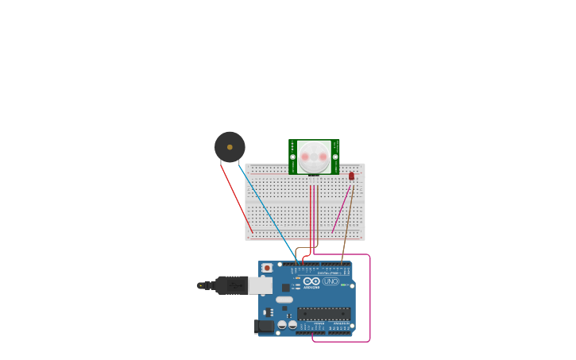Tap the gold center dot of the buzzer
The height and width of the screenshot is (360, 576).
pyautogui.click(x=230, y=147)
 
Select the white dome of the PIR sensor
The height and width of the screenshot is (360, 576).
pyautogui.click(x=314, y=156)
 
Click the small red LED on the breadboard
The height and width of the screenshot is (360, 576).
pyautogui.click(x=351, y=176)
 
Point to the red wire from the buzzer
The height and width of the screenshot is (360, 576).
pyautogui.click(x=237, y=199)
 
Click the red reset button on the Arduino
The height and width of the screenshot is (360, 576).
pyautogui.click(x=267, y=268)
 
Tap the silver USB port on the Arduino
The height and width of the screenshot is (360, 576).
pyautogui.click(x=261, y=285)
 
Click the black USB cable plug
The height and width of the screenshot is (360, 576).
pyautogui.click(x=231, y=285)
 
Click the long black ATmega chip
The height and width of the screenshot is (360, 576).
pyautogui.click(x=323, y=314)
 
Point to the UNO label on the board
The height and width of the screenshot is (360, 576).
pyautogui.click(x=331, y=281)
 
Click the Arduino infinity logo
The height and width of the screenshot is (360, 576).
pyautogui.click(x=311, y=281)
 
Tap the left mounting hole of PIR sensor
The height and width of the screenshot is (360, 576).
pyautogui.click(x=292, y=157)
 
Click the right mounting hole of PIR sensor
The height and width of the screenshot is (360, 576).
pyautogui.click(x=335, y=157)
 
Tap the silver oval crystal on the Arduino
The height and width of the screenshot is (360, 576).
pyautogui.click(x=284, y=300)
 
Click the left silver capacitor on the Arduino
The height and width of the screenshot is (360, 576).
pyautogui.click(x=282, y=324)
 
